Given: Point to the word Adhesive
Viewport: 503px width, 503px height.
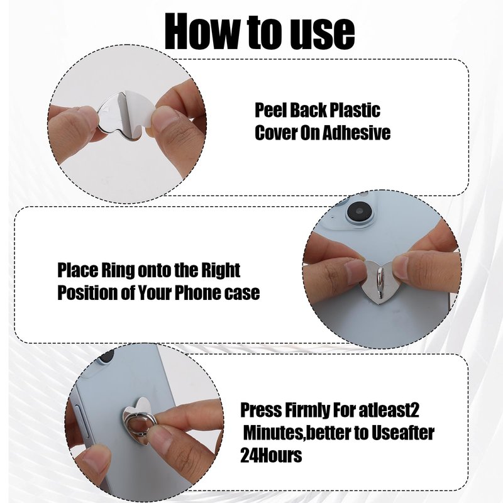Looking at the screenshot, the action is [x=356, y=132].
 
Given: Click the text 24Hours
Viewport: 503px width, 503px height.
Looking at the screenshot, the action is [x=271, y=455].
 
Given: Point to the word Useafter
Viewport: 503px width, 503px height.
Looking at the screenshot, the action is [x=402, y=433].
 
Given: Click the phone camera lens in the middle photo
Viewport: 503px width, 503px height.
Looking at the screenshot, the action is [x=359, y=211].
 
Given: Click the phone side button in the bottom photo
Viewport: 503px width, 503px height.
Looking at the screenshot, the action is [x=79, y=423].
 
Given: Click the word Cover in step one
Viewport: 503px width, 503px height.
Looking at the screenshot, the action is [x=275, y=132].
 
